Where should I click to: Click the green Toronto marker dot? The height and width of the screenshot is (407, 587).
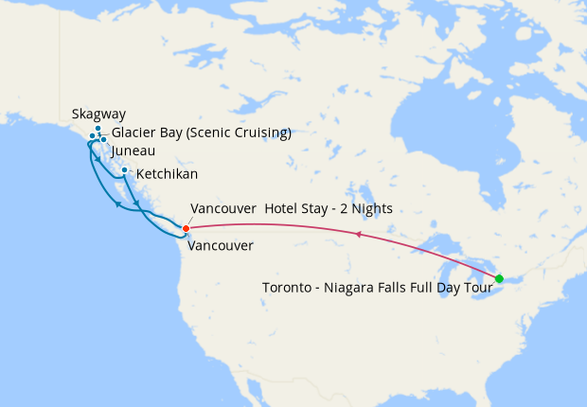click(x=499, y=278)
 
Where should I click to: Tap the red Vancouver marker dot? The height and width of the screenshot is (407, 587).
click(x=187, y=228)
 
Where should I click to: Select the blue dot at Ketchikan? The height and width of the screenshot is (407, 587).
click(x=125, y=170)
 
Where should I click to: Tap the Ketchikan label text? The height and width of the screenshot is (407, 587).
click(x=167, y=175)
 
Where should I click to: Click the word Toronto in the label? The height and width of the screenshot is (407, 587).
click(x=287, y=288)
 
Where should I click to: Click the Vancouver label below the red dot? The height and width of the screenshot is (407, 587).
click(x=221, y=246)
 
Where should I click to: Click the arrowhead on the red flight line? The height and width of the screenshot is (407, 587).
click(x=359, y=233)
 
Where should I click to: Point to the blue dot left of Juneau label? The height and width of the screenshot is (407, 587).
click(x=103, y=140)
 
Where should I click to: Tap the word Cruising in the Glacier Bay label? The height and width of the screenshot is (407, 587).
click(x=258, y=133)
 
